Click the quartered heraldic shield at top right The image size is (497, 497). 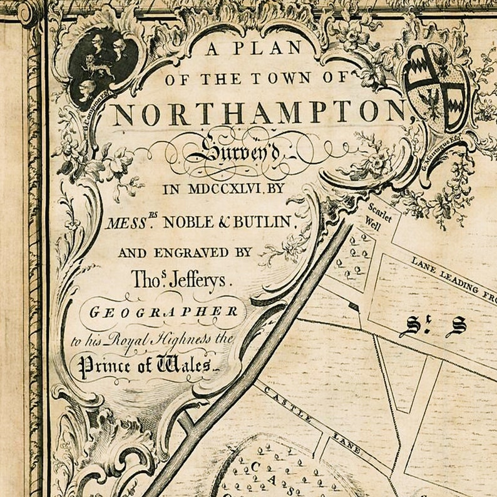436,86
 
